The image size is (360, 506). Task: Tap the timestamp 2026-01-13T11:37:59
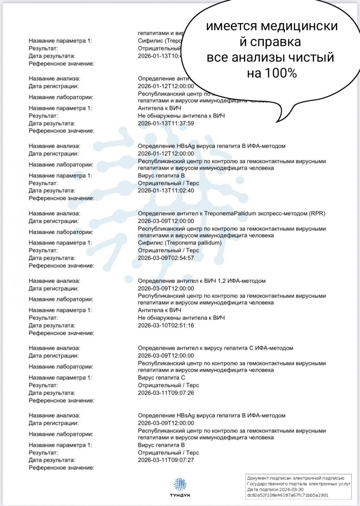166,124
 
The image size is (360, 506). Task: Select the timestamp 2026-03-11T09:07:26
166,393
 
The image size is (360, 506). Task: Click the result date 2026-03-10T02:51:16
166,326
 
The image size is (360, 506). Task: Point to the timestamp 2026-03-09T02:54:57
166,258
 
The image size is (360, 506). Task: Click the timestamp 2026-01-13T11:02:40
166,191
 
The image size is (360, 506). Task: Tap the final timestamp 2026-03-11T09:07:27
166,460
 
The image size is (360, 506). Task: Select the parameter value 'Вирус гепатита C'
162,378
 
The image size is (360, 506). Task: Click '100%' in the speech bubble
272,73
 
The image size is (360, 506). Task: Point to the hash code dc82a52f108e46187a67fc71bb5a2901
288,495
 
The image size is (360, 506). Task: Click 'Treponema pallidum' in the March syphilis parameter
195,243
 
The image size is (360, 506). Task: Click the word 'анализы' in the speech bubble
261,57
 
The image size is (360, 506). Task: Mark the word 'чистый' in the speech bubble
311,57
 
